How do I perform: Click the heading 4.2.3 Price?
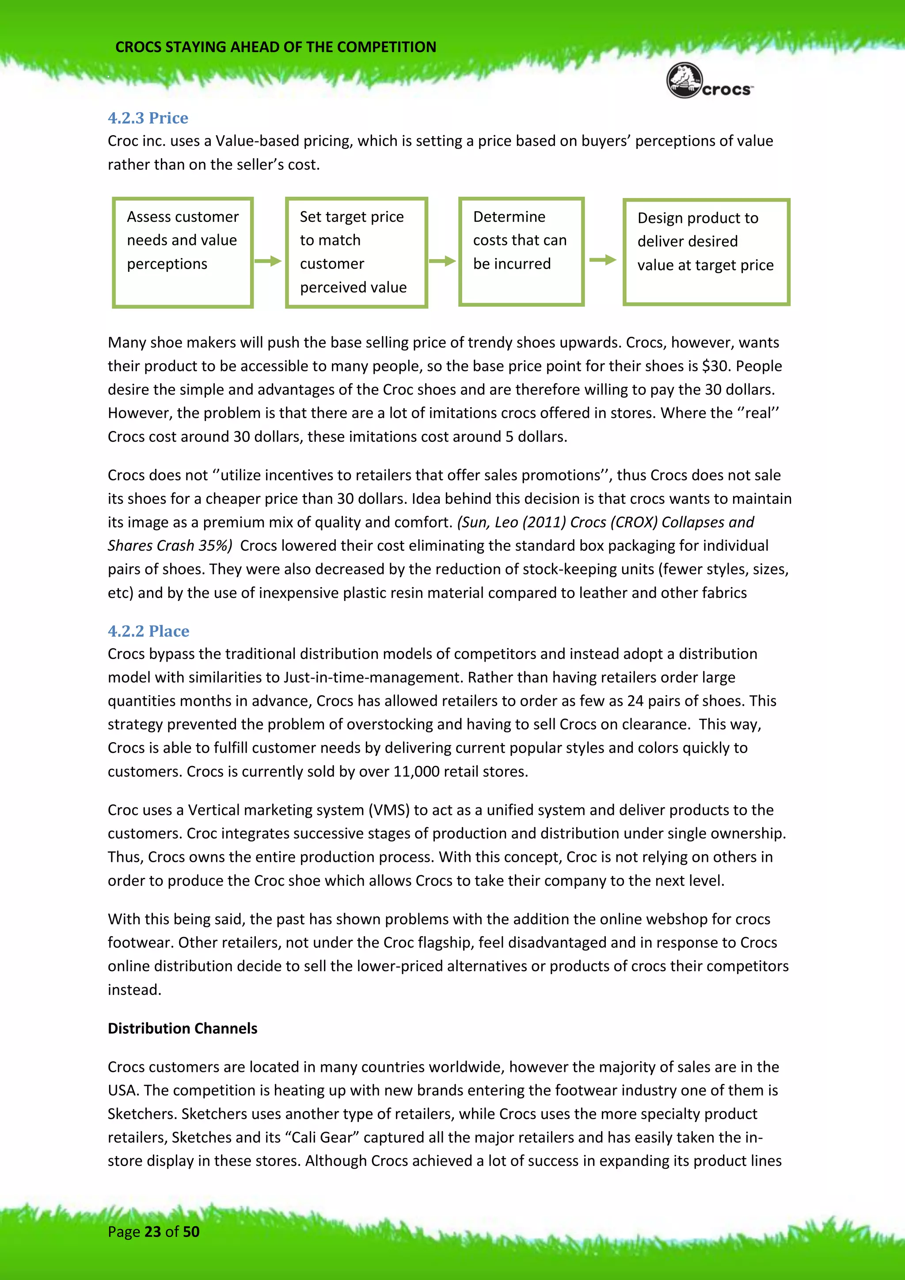[x=148, y=118]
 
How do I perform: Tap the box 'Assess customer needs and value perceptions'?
[x=183, y=252]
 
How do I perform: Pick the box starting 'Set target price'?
[x=356, y=252]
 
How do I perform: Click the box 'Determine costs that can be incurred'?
[x=521, y=251]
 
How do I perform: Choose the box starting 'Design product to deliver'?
[x=706, y=252]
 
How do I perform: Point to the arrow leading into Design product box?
[x=602, y=260]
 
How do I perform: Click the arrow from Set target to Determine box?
[x=442, y=261]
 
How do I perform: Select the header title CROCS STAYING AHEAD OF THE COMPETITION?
[x=275, y=47]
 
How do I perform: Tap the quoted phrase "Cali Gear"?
[x=322, y=1137]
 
